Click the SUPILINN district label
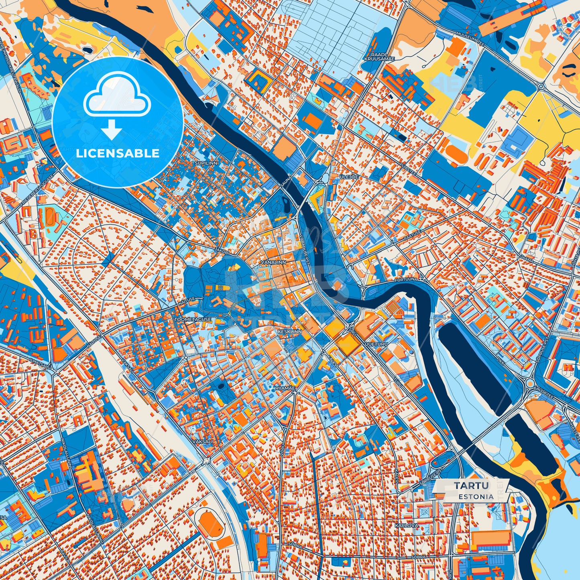point(206,163)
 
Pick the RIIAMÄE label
point(285,388)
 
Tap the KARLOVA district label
point(406,525)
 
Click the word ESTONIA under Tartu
point(476,497)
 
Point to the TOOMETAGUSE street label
point(193,320)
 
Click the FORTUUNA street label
point(406,279)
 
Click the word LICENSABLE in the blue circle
point(118,153)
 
